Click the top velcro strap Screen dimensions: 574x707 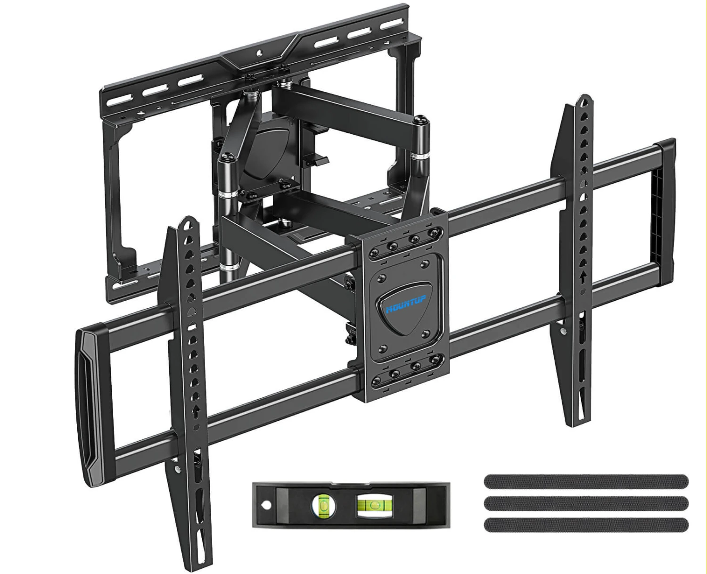pos(586,482)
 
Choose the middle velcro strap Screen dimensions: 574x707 pos(586,503)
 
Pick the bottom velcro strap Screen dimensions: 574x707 pos(586,525)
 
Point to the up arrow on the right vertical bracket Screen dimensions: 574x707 pos(583,278)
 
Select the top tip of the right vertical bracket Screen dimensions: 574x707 pos(585,98)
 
